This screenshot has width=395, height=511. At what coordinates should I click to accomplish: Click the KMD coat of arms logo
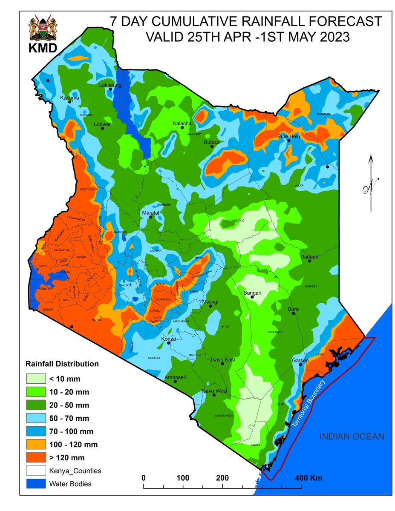(x=42, y=30)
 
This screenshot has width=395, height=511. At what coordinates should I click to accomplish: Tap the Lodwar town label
(x=102, y=124)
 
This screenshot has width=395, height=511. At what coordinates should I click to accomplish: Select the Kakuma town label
(x=69, y=98)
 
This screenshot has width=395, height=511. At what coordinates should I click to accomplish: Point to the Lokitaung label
(x=110, y=85)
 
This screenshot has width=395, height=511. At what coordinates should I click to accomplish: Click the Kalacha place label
(x=182, y=123)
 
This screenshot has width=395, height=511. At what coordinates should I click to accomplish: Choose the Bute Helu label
(x=289, y=136)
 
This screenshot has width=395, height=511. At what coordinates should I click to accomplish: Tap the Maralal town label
(x=150, y=212)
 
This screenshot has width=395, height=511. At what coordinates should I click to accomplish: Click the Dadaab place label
(x=309, y=256)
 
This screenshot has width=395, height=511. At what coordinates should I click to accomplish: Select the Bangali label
(x=252, y=293)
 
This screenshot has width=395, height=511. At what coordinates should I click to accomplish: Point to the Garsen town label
(x=300, y=361)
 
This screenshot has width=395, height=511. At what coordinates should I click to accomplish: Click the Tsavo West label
(x=214, y=391)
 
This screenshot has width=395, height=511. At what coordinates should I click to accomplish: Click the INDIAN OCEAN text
(x=352, y=436)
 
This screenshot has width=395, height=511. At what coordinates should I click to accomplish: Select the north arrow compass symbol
(x=371, y=183)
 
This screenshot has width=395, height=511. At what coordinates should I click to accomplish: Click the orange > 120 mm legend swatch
(x=37, y=458)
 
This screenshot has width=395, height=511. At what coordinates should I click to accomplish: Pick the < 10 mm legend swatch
(x=37, y=378)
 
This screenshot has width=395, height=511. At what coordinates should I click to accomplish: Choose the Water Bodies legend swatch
(x=37, y=484)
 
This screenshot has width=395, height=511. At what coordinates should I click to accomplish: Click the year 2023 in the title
(x=333, y=37)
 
